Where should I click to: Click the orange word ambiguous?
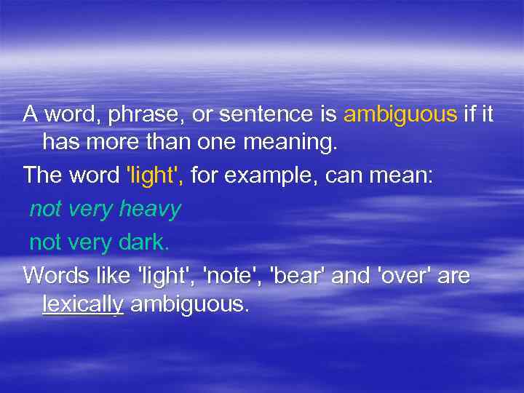(x=400, y=114)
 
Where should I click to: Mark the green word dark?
(x=143, y=242)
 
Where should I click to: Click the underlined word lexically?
(x=83, y=304)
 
